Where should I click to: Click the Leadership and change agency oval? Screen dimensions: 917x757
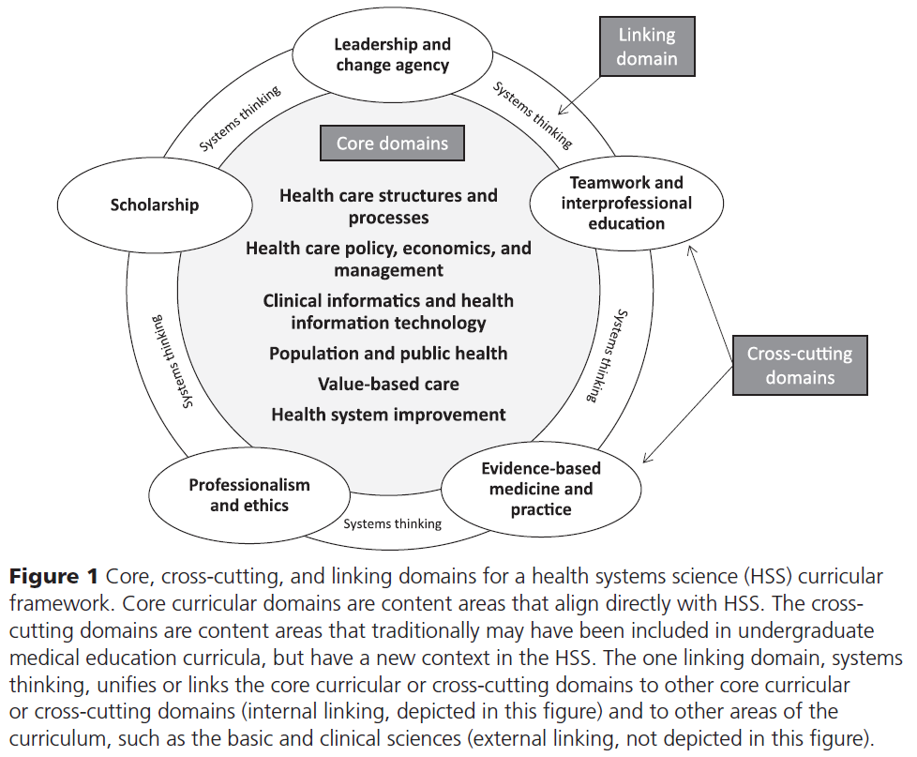[x=392, y=55]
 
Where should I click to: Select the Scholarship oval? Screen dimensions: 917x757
[x=156, y=204]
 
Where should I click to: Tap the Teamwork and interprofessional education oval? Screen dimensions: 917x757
[x=626, y=203]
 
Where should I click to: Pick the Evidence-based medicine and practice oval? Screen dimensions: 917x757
[x=541, y=489]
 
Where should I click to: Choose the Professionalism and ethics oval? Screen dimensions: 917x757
[x=248, y=494]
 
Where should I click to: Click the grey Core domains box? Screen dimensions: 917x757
[x=392, y=144]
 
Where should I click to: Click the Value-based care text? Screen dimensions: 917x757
[x=388, y=384]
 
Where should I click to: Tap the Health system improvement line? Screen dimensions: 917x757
[x=388, y=414]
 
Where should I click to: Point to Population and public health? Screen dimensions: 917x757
[x=388, y=354]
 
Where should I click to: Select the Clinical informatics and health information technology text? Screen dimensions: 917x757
[x=388, y=311]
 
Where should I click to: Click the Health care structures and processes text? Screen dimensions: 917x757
[x=388, y=206]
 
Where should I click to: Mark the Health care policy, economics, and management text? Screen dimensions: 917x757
[x=388, y=259]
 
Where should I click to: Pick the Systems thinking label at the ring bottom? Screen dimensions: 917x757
[x=392, y=523]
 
